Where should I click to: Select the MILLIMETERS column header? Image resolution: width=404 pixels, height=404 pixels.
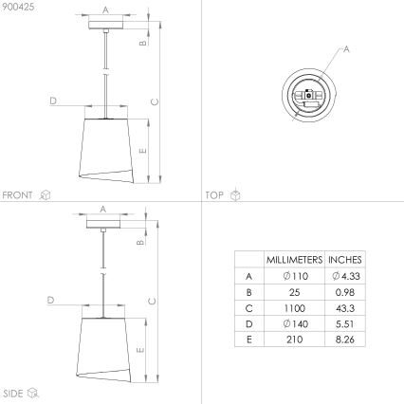(294, 259)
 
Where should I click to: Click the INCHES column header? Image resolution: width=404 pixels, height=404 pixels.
(344, 259)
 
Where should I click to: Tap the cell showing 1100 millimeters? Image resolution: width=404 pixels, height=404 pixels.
(294, 307)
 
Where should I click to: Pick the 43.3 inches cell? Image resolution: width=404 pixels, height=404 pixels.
(344, 307)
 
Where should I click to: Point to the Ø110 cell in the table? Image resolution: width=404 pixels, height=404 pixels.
(294, 275)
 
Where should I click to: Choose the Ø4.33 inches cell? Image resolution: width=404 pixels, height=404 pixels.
(344, 275)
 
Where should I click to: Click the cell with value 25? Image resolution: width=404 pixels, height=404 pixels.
(294, 291)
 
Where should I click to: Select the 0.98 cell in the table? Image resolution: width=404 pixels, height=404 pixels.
(344, 291)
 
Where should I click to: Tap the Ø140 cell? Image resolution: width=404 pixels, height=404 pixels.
(294, 323)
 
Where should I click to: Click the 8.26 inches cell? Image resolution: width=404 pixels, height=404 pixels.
(344, 340)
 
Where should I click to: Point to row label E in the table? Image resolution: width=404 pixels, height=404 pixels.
(248, 340)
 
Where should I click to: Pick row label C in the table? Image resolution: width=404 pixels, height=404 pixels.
(248, 307)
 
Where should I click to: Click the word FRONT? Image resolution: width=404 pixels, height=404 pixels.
(18, 194)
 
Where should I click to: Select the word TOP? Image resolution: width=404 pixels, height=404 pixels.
(214, 194)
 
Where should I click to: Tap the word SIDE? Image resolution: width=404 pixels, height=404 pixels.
(13, 392)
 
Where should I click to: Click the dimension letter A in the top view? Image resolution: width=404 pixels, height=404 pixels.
(346, 49)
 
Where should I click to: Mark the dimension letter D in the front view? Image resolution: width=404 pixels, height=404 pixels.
(53, 101)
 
